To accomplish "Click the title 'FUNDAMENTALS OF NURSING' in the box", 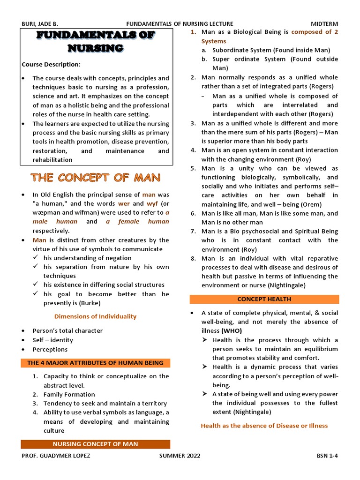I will coord(96,41).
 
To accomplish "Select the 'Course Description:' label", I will coord(51,64).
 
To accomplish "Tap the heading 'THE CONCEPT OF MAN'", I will coord(96,178).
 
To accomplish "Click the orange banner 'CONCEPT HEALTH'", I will coord(264,299).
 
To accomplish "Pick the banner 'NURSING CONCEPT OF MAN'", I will coord(95,444).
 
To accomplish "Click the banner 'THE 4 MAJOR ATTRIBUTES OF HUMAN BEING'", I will coord(95,363).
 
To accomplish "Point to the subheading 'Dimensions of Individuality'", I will coord(95,316).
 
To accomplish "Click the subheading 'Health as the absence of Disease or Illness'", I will coord(264,426).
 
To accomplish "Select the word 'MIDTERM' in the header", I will coord(324,24).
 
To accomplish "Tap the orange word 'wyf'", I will coord(152,204).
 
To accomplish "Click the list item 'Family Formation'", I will coord(69,395).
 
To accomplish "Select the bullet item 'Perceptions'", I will coord(50,349).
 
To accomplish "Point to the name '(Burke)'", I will coord(90,303).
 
